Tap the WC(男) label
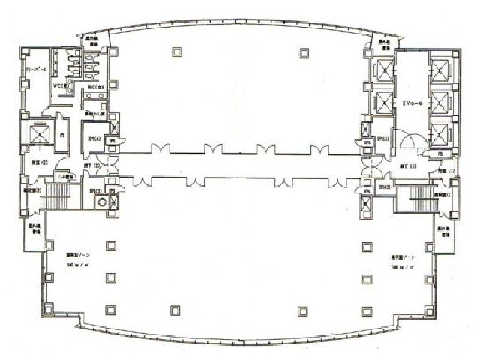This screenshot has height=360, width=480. tap(61, 86)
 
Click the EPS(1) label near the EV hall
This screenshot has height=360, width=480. tap(382, 139)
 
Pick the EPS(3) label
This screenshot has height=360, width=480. tap(95, 191)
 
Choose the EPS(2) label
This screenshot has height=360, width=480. tap(383, 187)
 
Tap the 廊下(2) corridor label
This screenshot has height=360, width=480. tap(92, 165)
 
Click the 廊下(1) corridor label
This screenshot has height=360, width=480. tap(409, 166)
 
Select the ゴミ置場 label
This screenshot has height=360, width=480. tap(65, 177)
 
